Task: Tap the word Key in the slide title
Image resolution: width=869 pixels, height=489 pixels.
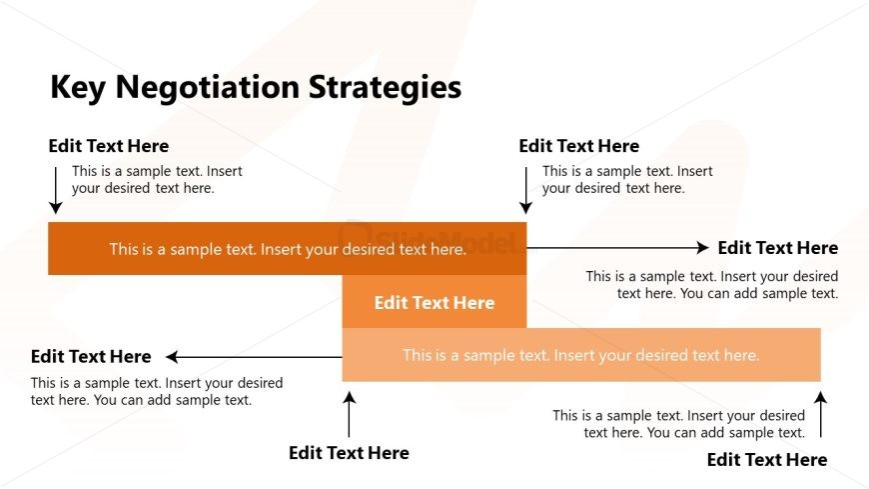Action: [79, 88]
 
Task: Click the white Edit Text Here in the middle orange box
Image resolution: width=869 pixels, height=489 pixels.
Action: [434, 303]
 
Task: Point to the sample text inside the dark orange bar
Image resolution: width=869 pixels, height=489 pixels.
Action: [288, 249]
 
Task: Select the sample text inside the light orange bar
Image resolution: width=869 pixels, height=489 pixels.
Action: [581, 355]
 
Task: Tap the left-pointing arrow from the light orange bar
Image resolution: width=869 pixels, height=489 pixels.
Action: [254, 357]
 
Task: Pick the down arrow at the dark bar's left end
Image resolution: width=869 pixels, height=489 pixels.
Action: [56, 191]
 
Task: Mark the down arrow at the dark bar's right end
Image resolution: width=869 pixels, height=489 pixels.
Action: [525, 191]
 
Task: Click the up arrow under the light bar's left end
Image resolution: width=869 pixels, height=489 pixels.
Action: [349, 414]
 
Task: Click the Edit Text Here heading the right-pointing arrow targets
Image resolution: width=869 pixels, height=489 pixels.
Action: [778, 248]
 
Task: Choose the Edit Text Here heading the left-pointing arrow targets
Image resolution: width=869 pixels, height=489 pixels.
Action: [91, 357]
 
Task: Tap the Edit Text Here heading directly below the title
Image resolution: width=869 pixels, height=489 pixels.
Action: [109, 146]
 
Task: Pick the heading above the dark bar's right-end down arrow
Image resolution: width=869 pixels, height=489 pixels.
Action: [579, 146]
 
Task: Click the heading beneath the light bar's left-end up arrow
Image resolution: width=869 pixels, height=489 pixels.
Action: [349, 453]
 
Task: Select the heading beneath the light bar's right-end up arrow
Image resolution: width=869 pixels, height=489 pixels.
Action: [767, 460]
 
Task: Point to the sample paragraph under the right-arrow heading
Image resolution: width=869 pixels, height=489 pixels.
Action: [711, 285]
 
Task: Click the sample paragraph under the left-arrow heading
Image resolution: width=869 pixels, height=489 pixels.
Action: [156, 391]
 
